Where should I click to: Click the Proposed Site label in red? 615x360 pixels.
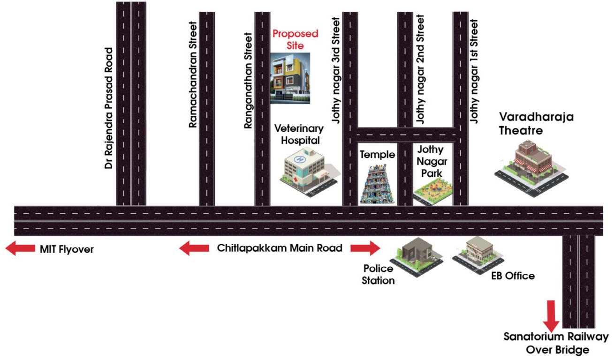[x=296, y=40]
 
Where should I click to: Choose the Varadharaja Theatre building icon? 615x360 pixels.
[x=531, y=169]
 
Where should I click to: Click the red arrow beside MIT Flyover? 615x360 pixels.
[x=20, y=249]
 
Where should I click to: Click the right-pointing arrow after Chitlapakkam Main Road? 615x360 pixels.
[x=365, y=248]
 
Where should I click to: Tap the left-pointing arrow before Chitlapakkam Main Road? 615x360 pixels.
[x=194, y=248]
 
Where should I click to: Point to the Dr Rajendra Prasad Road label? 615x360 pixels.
[x=109, y=108]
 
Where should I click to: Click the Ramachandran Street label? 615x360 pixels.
[x=192, y=75]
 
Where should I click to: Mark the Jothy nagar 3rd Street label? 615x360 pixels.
[x=336, y=70]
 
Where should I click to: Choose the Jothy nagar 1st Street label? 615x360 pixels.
[x=475, y=70]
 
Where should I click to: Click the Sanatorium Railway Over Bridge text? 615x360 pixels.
[x=556, y=343]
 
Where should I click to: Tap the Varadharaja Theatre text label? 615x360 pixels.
[x=536, y=123]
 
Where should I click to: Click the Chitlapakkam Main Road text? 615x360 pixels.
[x=280, y=248]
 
